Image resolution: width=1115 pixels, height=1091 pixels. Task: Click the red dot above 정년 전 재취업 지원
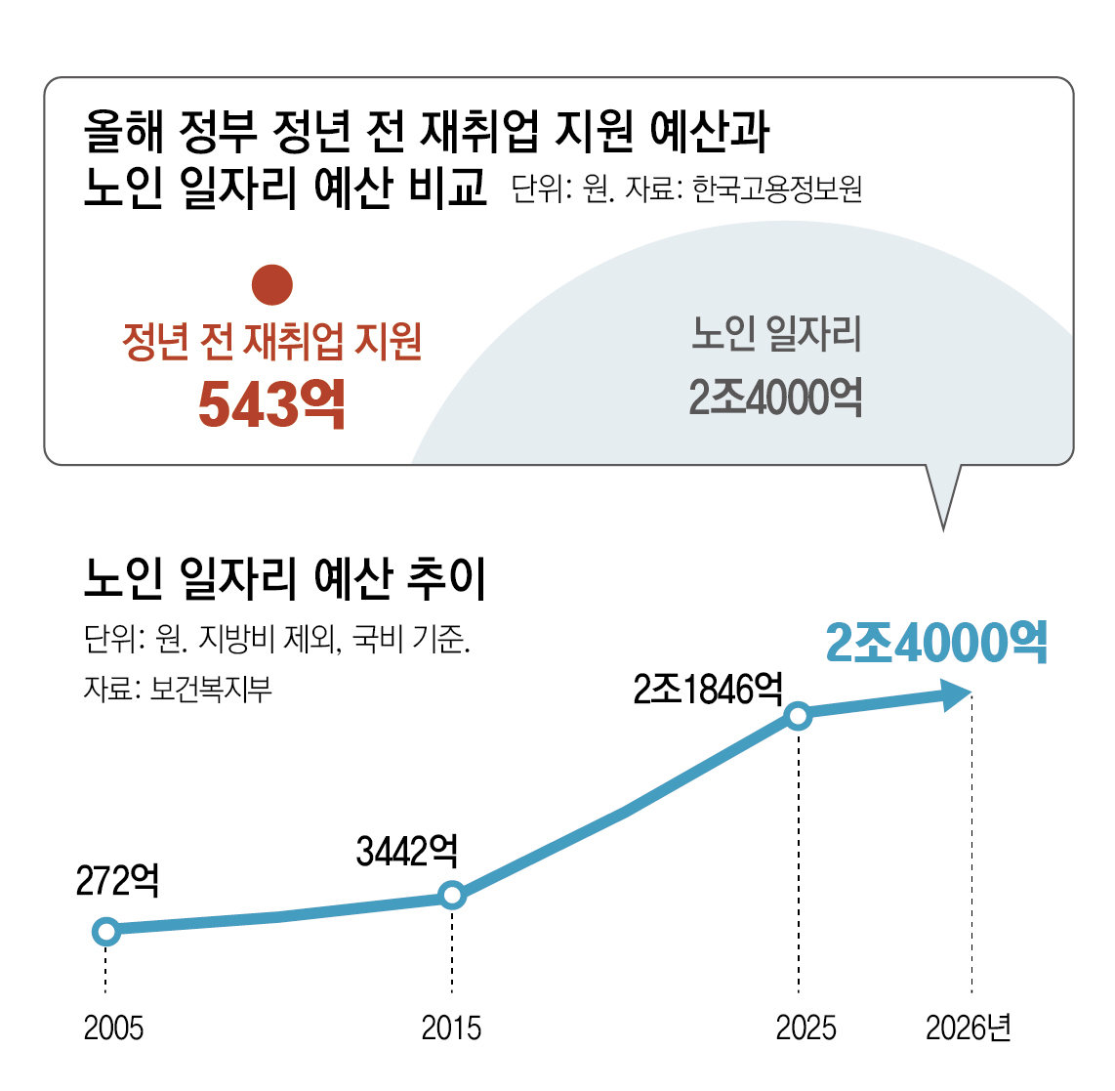272,283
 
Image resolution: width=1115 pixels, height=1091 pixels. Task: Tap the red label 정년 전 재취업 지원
272,341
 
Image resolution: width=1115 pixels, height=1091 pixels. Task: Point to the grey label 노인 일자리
777,334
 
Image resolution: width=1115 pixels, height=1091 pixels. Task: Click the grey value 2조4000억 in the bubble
776,398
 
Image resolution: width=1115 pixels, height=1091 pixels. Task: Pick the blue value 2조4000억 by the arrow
936,643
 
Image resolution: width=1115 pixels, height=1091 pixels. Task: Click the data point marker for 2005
106,931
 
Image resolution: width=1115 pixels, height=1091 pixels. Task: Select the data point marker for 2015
452,895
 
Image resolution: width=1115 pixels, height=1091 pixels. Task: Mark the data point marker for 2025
799,716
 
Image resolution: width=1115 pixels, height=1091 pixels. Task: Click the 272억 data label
117,880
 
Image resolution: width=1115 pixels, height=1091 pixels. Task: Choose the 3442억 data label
407,852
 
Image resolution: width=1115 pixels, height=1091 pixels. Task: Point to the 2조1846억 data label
708,690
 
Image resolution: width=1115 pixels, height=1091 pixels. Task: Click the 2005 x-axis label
113,1028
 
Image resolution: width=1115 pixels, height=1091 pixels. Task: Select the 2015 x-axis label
451,1028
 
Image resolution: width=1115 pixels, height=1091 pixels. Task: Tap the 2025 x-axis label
805,1028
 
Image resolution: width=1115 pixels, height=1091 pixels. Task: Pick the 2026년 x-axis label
969,1028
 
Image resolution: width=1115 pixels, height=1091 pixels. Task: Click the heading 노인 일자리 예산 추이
285,579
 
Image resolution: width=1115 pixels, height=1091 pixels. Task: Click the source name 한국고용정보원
777,189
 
